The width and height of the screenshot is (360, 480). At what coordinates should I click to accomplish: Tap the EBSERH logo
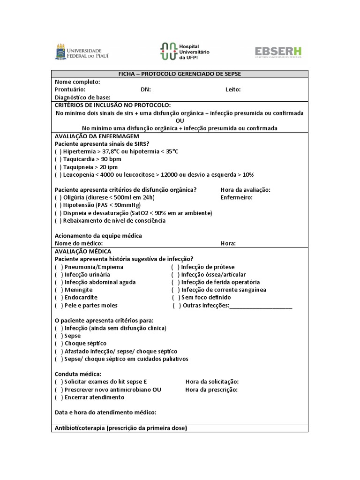[x=278, y=52]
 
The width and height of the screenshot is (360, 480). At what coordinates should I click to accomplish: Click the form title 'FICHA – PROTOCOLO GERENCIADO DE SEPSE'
[x=180, y=74]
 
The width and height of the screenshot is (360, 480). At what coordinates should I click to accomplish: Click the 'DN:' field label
[x=146, y=90]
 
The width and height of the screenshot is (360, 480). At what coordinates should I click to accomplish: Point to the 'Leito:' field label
[x=233, y=90]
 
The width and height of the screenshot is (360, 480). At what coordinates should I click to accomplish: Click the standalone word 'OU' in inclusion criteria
[x=180, y=121]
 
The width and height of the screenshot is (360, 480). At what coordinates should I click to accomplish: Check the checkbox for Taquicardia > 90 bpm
[x=58, y=159]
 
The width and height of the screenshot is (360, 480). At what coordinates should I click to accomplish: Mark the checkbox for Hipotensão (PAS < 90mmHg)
[x=58, y=205]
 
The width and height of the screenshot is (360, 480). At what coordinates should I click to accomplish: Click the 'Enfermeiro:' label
[x=236, y=198]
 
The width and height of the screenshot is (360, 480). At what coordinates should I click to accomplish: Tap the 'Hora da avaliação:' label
[x=245, y=190]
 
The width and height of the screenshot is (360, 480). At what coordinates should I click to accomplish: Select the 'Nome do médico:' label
[x=79, y=243]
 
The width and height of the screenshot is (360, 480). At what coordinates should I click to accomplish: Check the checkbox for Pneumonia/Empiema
[x=58, y=267]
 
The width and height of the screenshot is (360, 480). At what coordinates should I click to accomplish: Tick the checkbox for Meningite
[x=58, y=290]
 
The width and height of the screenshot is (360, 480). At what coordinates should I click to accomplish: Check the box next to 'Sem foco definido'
[x=175, y=298]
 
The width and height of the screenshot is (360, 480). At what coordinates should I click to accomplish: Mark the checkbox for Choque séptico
[x=58, y=344]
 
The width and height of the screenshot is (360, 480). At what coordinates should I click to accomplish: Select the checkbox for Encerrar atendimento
[x=58, y=397]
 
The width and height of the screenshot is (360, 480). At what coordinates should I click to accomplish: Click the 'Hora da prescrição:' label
[x=211, y=390]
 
